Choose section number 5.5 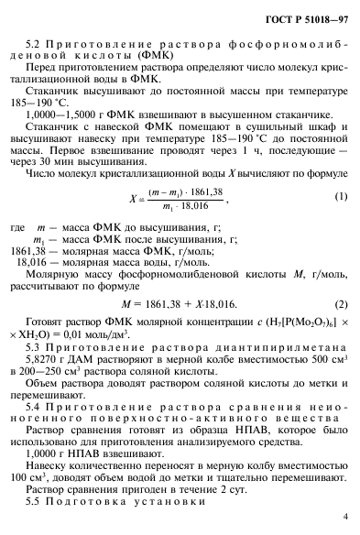coord(34,501)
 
